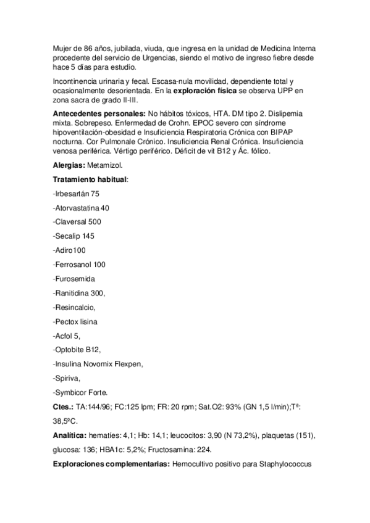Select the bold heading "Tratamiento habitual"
[90, 179]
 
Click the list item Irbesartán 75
[77, 194]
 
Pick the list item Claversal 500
[77, 222]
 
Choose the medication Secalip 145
[74, 236]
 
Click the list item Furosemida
[74, 279]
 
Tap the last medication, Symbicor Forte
[80, 392]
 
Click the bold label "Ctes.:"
[64, 407]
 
